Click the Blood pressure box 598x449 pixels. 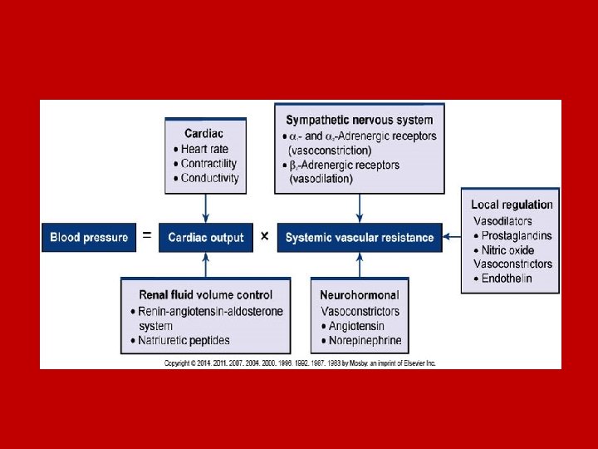pos(89,237)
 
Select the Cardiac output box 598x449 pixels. pos(206,237)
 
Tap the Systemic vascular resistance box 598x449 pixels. pos(360,237)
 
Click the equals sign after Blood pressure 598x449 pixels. pos(147,236)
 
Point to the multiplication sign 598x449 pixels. pos(264,236)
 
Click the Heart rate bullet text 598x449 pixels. pos(204,149)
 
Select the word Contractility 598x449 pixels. pos(208,164)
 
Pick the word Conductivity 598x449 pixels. pos(209,178)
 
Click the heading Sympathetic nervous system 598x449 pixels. pos(359,121)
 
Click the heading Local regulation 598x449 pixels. pos(512,205)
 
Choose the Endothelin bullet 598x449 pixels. pos(507,279)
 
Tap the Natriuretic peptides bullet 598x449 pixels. pos(184,340)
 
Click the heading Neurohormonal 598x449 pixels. pos(360,295)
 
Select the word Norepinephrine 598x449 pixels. pos(365,340)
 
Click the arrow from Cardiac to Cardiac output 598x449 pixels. pos(206,209)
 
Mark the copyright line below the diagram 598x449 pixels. pos(299,363)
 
